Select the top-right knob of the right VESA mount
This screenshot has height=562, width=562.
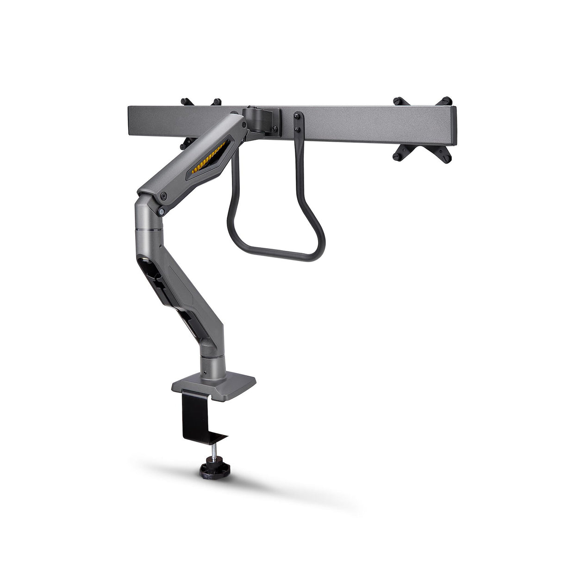(446, 100)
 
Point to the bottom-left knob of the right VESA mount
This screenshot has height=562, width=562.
(398, 155)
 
